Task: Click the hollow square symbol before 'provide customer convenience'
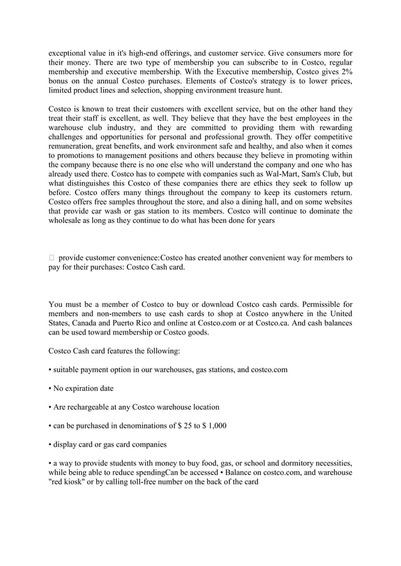[x=52, y=258]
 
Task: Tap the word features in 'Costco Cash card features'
[x=133, y=351]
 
